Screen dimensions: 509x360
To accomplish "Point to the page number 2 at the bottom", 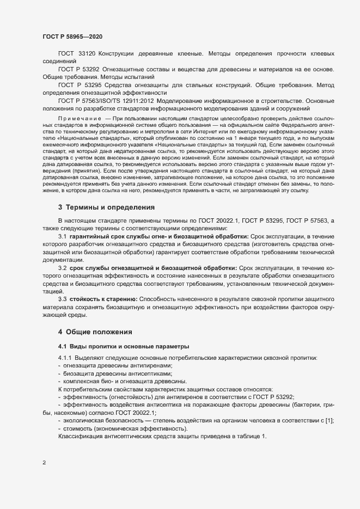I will tap(44, 463).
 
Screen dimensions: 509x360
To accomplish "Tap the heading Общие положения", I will tap(97, 332).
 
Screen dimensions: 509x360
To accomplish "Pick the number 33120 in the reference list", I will tap(87, 55).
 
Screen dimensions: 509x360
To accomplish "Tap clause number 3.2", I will tap(62, 269).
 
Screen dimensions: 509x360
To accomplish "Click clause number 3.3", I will tap(62, 299).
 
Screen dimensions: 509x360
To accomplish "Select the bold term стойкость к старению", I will tap(103, 299).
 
